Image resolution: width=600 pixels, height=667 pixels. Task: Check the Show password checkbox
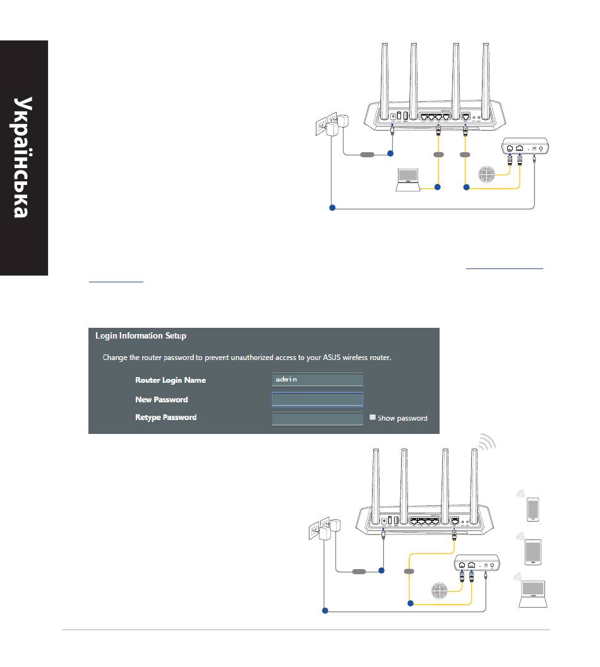tap(373, 418)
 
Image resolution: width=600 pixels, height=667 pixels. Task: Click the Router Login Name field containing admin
tap(318, 380)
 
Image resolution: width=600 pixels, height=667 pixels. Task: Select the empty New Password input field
tap(318, 399)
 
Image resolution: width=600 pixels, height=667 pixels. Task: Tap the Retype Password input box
tap(318, 418)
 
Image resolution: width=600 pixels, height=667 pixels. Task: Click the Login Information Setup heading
tap(140, 336)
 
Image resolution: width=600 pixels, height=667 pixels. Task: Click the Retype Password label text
tap(165, 418)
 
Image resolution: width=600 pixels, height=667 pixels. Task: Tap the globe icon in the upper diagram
tap(488, 174)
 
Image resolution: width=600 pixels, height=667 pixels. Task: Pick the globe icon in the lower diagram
tap(440, 591)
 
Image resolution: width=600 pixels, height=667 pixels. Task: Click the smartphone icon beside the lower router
tap(533, 508)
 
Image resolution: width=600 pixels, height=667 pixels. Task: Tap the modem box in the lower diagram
tap(477, 563)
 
